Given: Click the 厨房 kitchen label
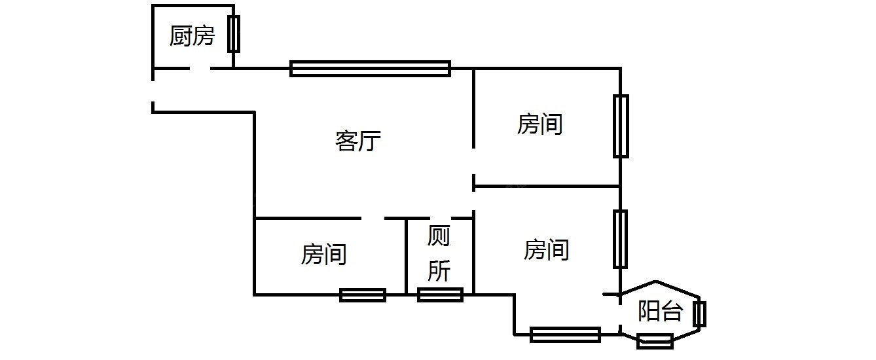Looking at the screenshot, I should (x=192, y=36).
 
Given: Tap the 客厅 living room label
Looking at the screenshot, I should (x=358, y=141).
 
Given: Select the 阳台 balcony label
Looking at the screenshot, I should (x=660, y=312).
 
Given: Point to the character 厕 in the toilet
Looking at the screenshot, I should (x=439, y=238).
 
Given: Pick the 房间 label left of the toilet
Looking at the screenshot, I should (x=324, y=254).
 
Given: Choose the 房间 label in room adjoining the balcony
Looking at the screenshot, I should (x=547, y=249).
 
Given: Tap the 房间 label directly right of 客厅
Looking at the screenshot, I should (x=540, y=124).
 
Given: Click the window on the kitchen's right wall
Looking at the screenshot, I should (x=234, y=34).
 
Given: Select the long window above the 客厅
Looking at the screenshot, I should (x=370, y=68).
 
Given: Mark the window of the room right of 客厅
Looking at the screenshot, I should (x=621, y=126).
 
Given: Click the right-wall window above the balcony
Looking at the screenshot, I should (x=620, y=239).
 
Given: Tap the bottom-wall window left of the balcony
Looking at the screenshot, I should (x=566, y=334).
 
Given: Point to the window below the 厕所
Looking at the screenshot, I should (x=441, y=295).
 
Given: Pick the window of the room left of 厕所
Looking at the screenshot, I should (x=363, y=295).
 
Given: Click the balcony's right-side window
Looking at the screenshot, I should (x=700, y=314).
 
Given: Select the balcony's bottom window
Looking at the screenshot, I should (x=655, y=341).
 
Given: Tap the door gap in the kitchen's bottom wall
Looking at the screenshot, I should (x=200, y=68).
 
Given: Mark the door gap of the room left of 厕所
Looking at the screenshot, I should (x=373, y=217).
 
